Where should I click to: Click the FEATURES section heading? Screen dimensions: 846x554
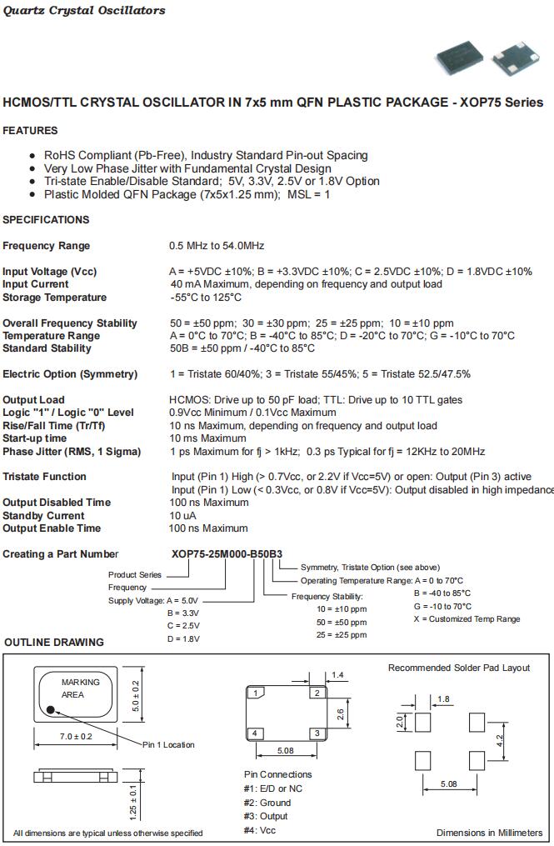30,131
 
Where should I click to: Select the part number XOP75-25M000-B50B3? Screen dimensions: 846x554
226,554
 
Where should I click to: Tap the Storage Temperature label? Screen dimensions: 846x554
55,298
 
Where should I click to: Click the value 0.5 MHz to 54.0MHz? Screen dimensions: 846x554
217,246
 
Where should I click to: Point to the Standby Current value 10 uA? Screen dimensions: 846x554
184,516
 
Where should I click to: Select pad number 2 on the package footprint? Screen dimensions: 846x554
316,693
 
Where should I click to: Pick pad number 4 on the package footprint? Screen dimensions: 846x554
256,733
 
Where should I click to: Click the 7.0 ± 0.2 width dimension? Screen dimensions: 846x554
76,737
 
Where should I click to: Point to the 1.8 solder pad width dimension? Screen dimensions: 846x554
443,699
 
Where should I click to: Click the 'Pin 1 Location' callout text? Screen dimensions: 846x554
168,744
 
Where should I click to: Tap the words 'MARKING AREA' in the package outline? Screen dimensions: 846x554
80,688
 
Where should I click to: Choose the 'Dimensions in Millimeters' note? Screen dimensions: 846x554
489,832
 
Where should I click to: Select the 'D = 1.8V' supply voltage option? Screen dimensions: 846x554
183,638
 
